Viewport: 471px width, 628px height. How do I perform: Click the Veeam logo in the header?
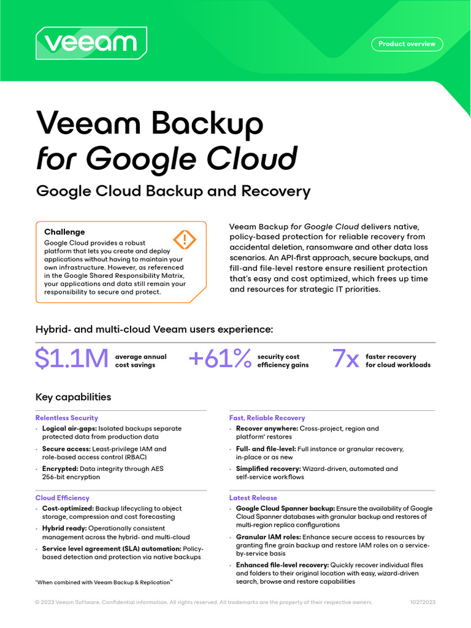[x=91, y=43]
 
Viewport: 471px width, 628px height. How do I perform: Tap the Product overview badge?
[x=407, y=44]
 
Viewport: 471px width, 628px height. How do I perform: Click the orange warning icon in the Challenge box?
[x=183, y=239]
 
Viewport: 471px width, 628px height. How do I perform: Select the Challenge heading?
[x=64, y=232]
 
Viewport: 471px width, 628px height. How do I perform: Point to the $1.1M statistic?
[x=72, y=359]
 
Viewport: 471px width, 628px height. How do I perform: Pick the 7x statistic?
[x=345, y=359]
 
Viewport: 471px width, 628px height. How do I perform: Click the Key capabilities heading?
[x=74, y=397]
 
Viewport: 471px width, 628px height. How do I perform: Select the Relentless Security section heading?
[x=67, y=418]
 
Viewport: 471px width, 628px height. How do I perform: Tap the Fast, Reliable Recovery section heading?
[x=267, y=418]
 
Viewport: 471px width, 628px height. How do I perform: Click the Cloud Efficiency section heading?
[x=62, y=498]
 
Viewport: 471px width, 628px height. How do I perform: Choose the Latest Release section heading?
[x=253, y=498]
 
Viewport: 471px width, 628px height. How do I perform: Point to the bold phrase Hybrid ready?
[x=64, y=528]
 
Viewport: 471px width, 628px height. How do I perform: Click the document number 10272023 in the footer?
[x=423, y=602]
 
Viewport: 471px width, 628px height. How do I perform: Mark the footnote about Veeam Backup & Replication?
[x=104, y=581]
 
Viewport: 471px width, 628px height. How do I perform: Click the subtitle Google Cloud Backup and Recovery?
[x=174, y=191]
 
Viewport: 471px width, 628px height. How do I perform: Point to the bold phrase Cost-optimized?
[x=67, y=508]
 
